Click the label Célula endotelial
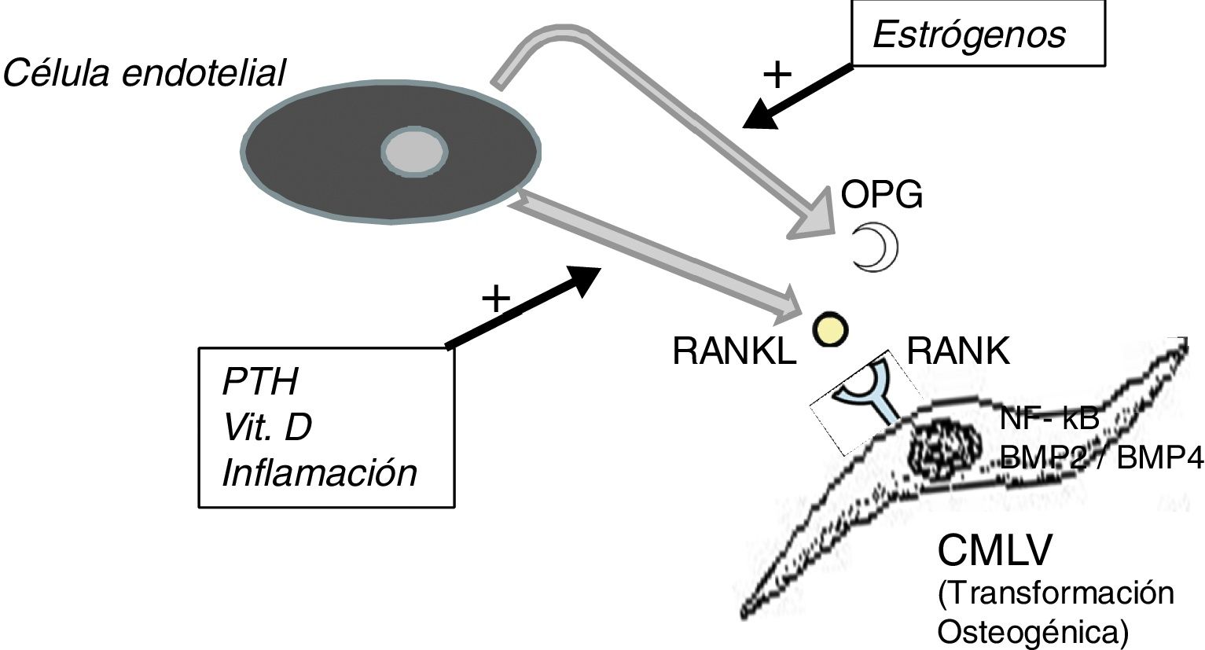pos(144,74)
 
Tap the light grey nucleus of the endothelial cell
pos(414,149)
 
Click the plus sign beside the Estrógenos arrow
pos(777,75)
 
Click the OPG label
pos(882,195)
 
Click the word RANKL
pos(734,352)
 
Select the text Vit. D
pos(267,428)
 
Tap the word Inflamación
pos(319,473)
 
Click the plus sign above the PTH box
pos(496,299)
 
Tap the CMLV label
pos(994,552)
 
